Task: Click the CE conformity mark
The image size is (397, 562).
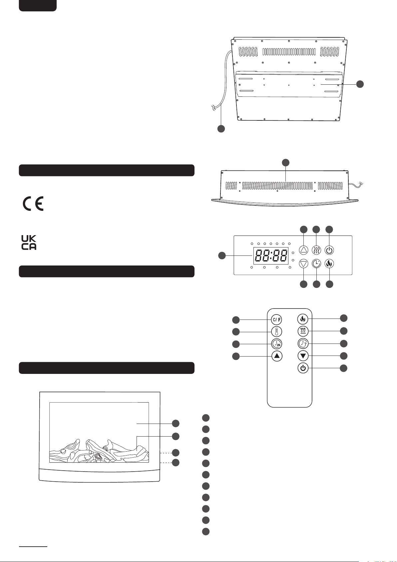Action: (33, 203)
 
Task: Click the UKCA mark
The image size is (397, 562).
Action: (29, 242)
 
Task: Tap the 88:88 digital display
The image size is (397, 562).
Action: (271, 256)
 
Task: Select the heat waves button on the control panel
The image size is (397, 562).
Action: (316, 250)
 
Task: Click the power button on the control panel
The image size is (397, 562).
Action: (329, 250)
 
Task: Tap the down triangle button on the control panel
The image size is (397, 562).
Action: (303, 264)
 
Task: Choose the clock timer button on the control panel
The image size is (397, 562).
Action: (316, 264)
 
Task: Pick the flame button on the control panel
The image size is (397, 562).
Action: (329, 264)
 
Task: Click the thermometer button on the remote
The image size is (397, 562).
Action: (277, 332)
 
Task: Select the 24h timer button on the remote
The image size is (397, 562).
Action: (277, 344)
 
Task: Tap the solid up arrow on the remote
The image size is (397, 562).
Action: (277, 356)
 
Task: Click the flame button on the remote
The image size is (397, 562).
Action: (303, 319)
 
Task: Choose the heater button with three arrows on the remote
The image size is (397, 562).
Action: (303, 331)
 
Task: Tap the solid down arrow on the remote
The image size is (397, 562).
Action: (303, 356)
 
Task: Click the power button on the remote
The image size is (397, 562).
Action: (303, 368)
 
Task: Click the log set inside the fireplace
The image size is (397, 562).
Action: (99, 451)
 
